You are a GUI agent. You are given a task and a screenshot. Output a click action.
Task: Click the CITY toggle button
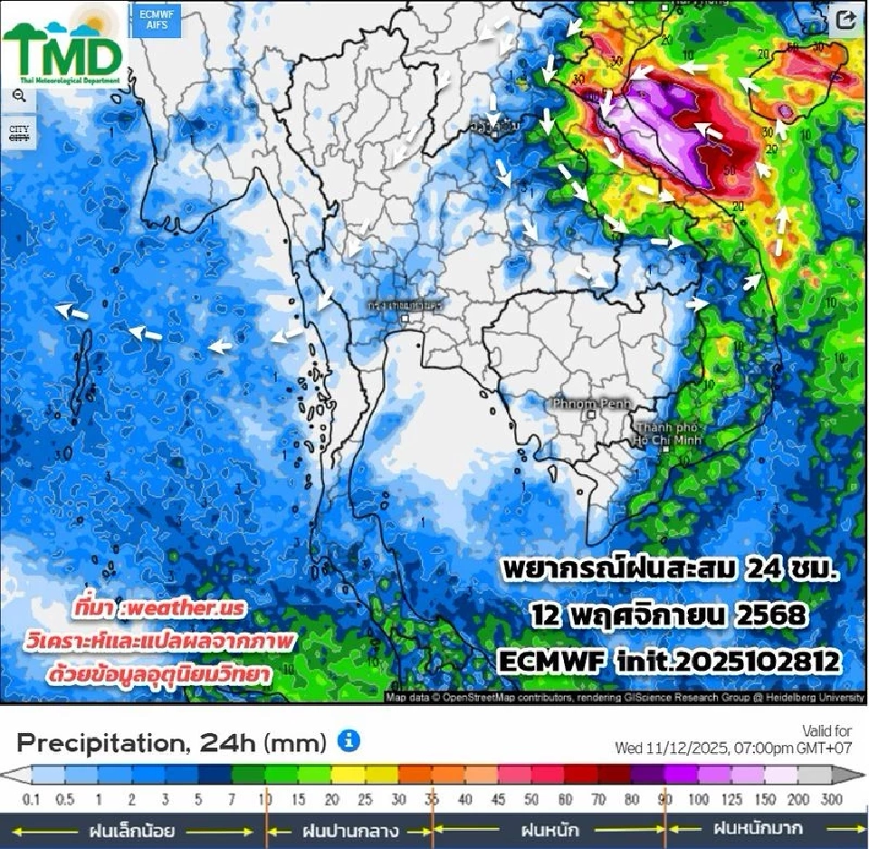click(x=19, y=132)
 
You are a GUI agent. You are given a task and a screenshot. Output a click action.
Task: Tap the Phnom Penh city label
click(x=589, y=403)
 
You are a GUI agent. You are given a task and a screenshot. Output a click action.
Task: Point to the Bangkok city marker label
click(x=406, y=306)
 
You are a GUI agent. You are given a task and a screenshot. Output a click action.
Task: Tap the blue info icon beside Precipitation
click(x=349, y=741)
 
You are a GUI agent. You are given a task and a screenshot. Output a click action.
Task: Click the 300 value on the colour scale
click(x=831, y=800)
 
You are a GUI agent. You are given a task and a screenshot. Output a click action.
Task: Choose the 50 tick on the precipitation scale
click(x=531, y=800)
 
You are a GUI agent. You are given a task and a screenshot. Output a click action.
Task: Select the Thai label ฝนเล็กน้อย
click(x=130, y=829)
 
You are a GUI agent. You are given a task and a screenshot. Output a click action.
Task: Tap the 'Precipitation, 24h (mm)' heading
click(x=172, y=743)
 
